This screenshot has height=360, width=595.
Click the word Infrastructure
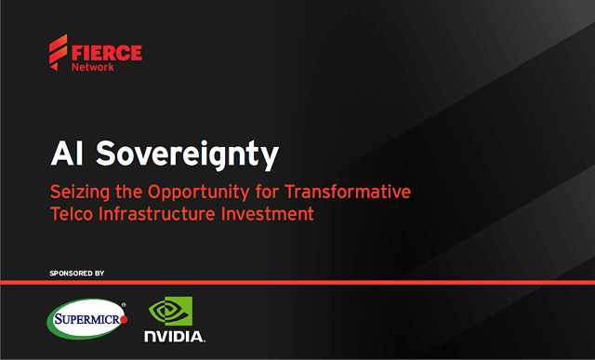(163, 214)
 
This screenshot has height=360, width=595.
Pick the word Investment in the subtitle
(270, 214)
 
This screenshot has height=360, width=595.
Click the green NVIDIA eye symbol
(171, 311)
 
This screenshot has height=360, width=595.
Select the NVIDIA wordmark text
(174, 335)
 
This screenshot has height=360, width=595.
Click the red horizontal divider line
(297, 282)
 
